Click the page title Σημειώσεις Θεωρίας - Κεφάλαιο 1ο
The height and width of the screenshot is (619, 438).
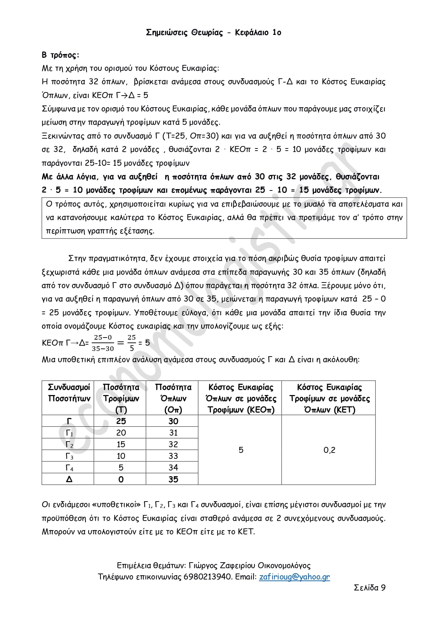click(x=214, y=33)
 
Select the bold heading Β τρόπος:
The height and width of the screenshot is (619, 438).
click(x=60, y=55)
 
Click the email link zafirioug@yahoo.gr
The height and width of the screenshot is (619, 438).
click(x=294, y=577)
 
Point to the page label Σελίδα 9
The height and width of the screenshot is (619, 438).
click(x=370, y=588)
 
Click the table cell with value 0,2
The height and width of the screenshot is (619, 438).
click(x=329, y=450)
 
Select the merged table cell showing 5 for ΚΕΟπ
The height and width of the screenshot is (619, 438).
click(x=241, y=450)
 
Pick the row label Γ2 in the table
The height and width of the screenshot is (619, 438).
click(x=70, y=445)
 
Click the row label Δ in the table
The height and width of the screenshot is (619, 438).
click(x=69, y=479)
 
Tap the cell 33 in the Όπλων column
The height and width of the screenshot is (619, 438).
click(x=173, y=456)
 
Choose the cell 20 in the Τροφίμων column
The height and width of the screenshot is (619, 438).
click(x=121, y=433)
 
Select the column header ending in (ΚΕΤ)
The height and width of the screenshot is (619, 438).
click(x=329, y=398)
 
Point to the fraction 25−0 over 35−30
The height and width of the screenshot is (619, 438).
click(x=103, y=343)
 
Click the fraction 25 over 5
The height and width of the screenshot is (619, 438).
click(x=132, y=343)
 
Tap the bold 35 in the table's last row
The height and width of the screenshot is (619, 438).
click(x=173, y=479)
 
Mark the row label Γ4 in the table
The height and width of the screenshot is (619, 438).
click(x=70, y=468)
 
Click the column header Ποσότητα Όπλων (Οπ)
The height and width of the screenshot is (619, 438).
click(x=173, y=398)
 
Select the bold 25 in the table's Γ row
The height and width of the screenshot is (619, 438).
click(x=121, y=421)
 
